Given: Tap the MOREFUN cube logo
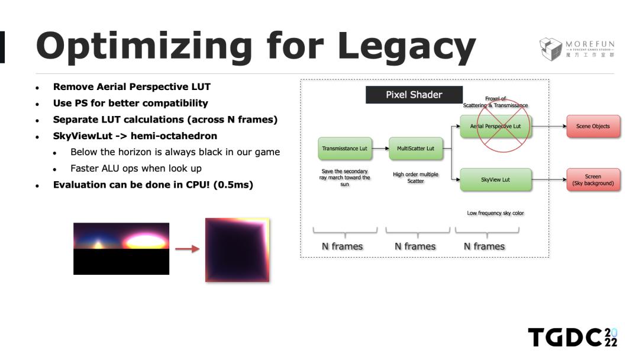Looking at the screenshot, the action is click(x=551, y=49).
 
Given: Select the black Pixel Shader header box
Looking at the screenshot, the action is click(x=414, y=95).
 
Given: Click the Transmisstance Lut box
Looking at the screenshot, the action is click(x=345, y=149).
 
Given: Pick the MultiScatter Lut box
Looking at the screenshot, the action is click(x=416, y=149).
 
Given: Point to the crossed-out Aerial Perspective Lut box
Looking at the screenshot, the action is click(x=496, y=126).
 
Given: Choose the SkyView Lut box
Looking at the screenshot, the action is click(x=496, y=179).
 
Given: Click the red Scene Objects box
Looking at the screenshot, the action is click(x=593, y=126).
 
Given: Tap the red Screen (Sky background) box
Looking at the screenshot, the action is click(x=593, y=180).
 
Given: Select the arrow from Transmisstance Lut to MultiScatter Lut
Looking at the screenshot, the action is click(x=380, y=149).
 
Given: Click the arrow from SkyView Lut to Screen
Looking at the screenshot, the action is click(x=549, y=179).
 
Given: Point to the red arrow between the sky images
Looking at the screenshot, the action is click(x=187, y=249).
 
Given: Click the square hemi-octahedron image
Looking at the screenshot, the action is click(x=237, y=250).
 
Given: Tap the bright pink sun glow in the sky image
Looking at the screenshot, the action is click(x=146, y=241).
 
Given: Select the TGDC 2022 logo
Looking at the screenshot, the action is click(x=573, y=337).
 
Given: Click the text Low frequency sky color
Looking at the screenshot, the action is click(x=496, y=213).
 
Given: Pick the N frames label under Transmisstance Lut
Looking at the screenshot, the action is click(x=343, y=246).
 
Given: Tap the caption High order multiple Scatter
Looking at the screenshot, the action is click(x=416, y=178).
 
